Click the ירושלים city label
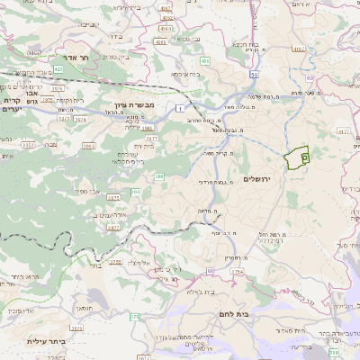click(263, 179)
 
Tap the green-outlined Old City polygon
click(296, 157)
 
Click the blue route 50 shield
click(255, 76)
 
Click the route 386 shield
click(159, 176)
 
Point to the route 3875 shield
click(113, 197)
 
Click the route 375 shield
click(135, 317)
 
